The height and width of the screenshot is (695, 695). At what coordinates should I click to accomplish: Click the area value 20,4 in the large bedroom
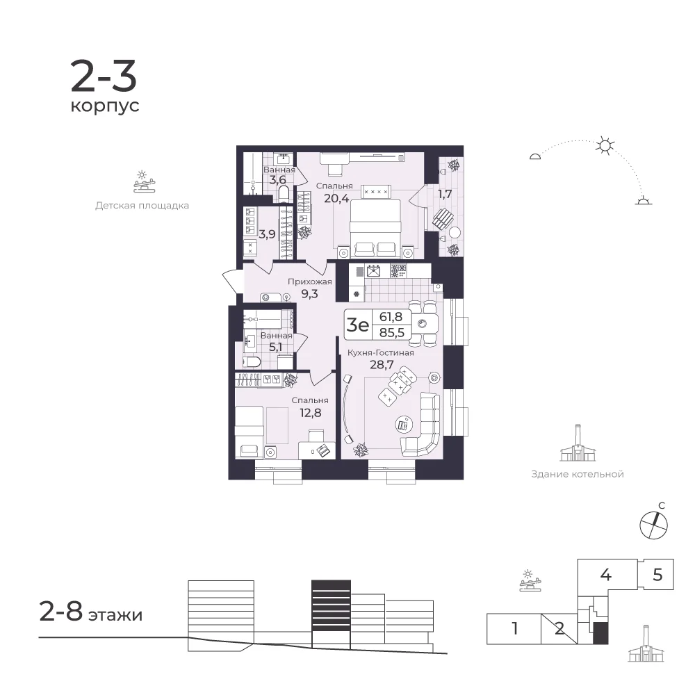(x=336, y=198)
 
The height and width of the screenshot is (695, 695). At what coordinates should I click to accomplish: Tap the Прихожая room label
(x=309, y=281)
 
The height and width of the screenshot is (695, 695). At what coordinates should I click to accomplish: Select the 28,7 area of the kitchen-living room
(x=382, y=365)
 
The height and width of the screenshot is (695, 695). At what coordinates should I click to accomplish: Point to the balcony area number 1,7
(x=445, y=194)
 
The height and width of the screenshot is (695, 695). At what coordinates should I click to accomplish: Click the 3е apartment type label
(x=357, y=325)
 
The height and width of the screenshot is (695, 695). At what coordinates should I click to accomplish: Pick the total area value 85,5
(x=392, y=332)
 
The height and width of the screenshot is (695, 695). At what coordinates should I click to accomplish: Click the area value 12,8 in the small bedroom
(x=310, y=413)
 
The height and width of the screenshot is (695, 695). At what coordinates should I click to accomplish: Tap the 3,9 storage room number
(x=267, y=234)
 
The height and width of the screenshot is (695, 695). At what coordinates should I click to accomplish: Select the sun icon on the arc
(x=605, y=145)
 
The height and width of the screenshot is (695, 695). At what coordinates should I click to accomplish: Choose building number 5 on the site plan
(x=657, y=575)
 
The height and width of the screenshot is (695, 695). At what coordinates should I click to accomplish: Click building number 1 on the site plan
(x=514, y=628)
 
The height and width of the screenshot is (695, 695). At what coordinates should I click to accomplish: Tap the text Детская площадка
(x=142, y=206)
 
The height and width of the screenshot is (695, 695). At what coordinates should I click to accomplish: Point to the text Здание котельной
(x=578, y=474)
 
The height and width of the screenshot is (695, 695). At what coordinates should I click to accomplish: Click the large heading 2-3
(x=104, y=76)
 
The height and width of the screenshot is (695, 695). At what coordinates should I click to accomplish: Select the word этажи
(x=115, y=615)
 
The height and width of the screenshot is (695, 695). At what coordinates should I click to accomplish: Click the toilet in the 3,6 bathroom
(x=284, y=193)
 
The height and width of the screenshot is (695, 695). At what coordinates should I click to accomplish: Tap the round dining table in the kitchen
(x=422, y=324)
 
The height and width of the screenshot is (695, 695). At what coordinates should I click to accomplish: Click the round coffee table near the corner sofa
(x=403, y=425)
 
